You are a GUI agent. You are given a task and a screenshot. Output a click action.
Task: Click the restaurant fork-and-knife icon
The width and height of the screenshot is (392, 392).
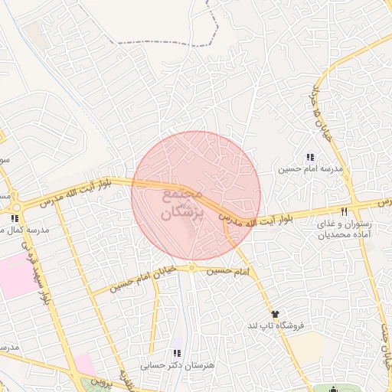(x=345, y=212)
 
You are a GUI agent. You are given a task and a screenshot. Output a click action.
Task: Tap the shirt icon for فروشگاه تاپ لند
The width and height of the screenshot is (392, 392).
(x=275, y=314)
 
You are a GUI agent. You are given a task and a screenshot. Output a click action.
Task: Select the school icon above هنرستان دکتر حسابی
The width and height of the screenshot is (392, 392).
(x=178, y=353)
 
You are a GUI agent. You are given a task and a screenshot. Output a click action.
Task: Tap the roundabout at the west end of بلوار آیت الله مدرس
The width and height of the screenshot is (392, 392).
(x=15, y=207)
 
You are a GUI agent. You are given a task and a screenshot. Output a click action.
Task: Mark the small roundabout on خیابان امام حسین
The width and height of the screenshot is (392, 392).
(x=192, y=268)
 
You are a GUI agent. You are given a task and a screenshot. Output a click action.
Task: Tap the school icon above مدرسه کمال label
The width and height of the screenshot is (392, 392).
(x=15, y=217)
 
